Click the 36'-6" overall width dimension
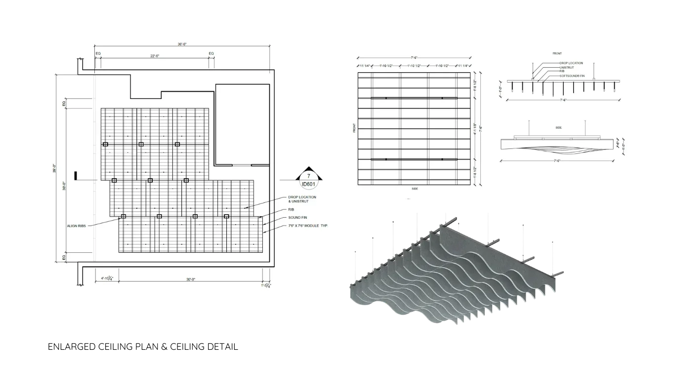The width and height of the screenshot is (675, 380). click(183, 44)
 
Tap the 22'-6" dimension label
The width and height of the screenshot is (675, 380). click(156, 55)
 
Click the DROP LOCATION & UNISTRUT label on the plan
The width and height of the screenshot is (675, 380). click(302, 199)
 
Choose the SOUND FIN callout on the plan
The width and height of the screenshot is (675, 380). click(297, 218)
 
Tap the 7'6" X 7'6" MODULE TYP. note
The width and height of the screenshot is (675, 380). click(308, 226)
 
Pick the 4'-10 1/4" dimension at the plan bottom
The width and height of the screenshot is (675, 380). click(107, 279)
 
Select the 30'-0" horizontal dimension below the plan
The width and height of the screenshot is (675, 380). click(191, 279)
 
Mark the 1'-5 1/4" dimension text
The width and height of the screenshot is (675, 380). click(266, 285)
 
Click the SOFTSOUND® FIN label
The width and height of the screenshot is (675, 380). click(572, 76)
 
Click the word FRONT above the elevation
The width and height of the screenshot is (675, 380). click(557, 53)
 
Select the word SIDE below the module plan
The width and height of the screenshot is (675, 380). click(415, 189)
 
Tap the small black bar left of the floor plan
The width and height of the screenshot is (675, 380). click(76, 176)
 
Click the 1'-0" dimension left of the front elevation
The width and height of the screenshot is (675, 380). click(501, 89)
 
